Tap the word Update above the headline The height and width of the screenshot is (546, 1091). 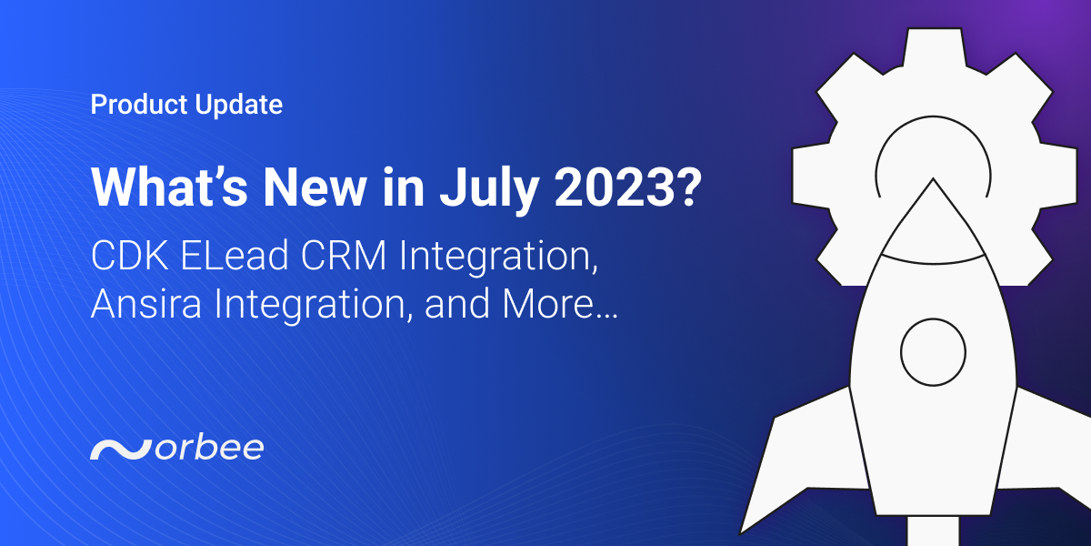coord(239,106)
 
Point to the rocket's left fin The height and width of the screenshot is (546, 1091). coord(800,455)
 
